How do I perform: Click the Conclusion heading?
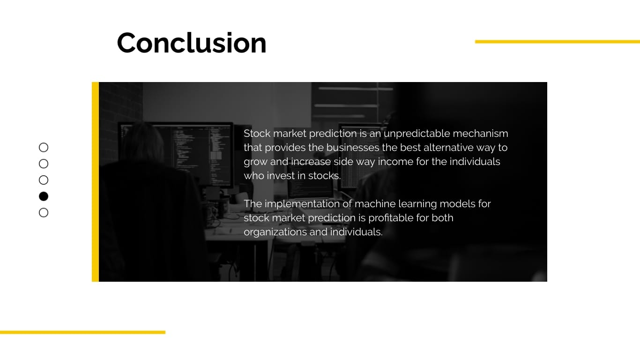pyautogui.click(x=191, y=43)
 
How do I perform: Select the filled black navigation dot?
pyautogui.click(x=44, y=196)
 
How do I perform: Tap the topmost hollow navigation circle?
pyautogui.click(x=44, y=148)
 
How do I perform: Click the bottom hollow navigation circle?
pyautogui.click(x=44, y=213)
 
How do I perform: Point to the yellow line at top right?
pyautogui.click(x=557, y=42)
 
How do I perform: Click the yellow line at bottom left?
pyautogui.click(x=82, y=332)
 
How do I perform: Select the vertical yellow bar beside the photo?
pyautogui.click(x=95, y=182)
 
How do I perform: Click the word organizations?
pyautogui.click(x=273, y=232)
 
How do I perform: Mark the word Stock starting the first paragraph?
pyautogui.click(x=257, y=134)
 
